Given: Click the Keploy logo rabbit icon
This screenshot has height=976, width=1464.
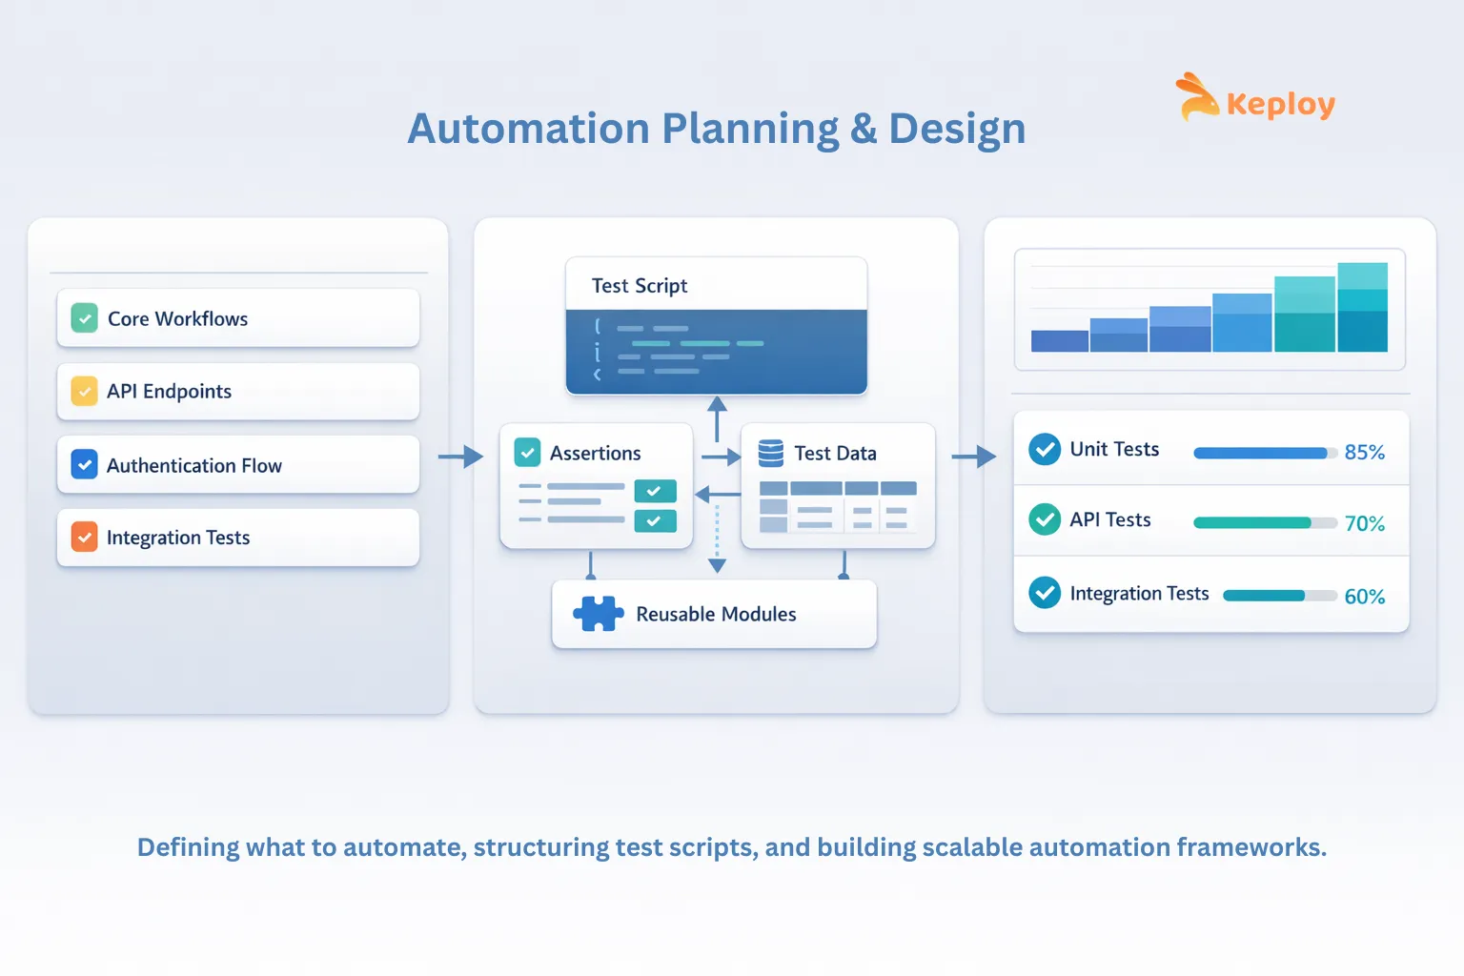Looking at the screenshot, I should pos(1196,97).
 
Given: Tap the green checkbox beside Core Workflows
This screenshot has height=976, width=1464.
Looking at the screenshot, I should pos(85,318).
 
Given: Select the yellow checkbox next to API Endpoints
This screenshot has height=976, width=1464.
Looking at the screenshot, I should pos(85,391).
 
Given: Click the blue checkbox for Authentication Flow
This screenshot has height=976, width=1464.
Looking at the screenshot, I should pos(85,465).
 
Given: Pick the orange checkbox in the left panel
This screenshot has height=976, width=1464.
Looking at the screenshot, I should pos(85,538).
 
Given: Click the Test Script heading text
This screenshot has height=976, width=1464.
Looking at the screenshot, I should pos(640,286).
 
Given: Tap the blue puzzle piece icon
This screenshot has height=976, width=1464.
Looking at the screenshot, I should pos(598,614).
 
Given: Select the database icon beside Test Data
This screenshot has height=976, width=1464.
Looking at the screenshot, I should pos(770,453).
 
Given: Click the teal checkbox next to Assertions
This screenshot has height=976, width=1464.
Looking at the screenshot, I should pos(527,453).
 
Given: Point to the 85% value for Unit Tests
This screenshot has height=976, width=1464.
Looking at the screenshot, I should pos(1364,453).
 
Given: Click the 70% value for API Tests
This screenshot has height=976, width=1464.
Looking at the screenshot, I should pos(1364,523).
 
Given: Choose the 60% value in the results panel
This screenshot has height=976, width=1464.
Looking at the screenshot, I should pos(1364,597).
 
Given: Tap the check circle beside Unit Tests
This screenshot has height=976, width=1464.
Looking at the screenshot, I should pos(1045,449).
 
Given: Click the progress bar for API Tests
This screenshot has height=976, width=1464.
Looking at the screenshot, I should pos(1264,522).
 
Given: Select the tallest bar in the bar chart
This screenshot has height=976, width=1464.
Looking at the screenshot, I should pos(1362,308).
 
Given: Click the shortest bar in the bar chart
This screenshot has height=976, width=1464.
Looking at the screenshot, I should pos(1060,341).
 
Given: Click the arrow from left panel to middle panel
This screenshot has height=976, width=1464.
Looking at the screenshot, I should pos(460,457).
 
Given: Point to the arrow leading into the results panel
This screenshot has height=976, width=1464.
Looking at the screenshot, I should pos(973,457).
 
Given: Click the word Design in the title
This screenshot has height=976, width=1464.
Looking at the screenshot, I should pos(957,130).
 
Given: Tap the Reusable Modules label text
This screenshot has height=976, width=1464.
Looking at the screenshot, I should pos(716,615).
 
